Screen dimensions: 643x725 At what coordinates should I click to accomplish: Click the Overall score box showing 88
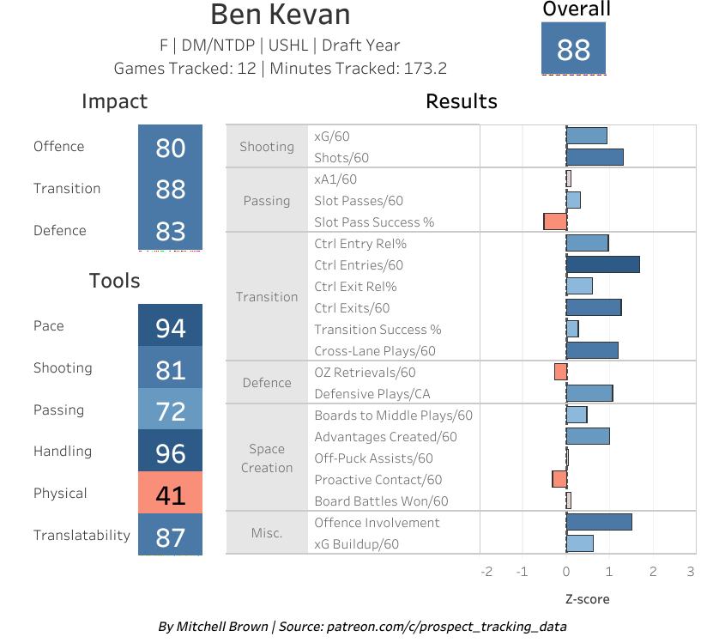click(x=573, y=49)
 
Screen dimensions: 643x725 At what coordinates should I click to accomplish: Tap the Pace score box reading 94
click(x=170, y=326)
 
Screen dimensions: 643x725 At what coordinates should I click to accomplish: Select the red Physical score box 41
click(x=170, y=494)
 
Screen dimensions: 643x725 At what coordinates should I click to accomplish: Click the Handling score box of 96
click(x=170, y=452)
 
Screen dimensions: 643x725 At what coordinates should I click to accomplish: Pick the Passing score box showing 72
click(x=170, y=410)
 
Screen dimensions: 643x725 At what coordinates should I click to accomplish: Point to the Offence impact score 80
click(x=170, y=147)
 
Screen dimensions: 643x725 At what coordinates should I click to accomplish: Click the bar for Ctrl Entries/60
click(x=602, y=265)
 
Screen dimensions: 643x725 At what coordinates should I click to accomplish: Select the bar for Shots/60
click(x=595, y=157)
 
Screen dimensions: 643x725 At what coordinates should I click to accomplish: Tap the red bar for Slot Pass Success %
click(x=555, y=221)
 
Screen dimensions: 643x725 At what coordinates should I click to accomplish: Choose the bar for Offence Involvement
click(x=599, y=522)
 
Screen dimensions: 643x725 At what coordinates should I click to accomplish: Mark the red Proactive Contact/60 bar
click(x=559, y=479)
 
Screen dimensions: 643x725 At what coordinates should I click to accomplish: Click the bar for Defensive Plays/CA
click(x=589, y=393)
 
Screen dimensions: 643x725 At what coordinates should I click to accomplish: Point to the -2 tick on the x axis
click(x=486, y=572)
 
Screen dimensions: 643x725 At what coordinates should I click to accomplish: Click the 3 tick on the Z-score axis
click(x=691, y=572)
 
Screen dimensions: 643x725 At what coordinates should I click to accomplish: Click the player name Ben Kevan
click(x=280, y=15)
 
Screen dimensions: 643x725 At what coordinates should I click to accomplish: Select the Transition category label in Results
click(x=267, y=297)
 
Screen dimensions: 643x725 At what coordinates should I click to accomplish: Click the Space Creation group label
click(x=267, y=458)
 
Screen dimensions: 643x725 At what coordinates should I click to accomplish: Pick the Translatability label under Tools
click(x=82, y=536)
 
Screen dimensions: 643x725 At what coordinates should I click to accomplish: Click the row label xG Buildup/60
click(x=356, y=544)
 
